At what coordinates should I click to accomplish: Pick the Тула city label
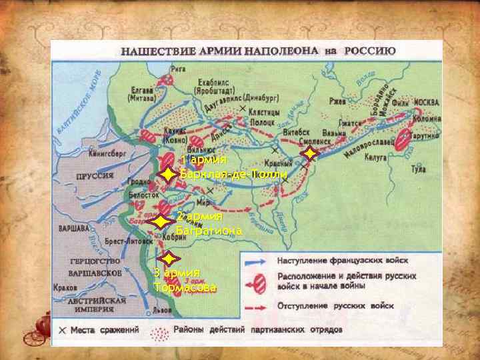[x=418, y=169]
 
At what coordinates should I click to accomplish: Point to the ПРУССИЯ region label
[x=94, y=177]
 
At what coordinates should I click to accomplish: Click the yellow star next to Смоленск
[x=309, y=154]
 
